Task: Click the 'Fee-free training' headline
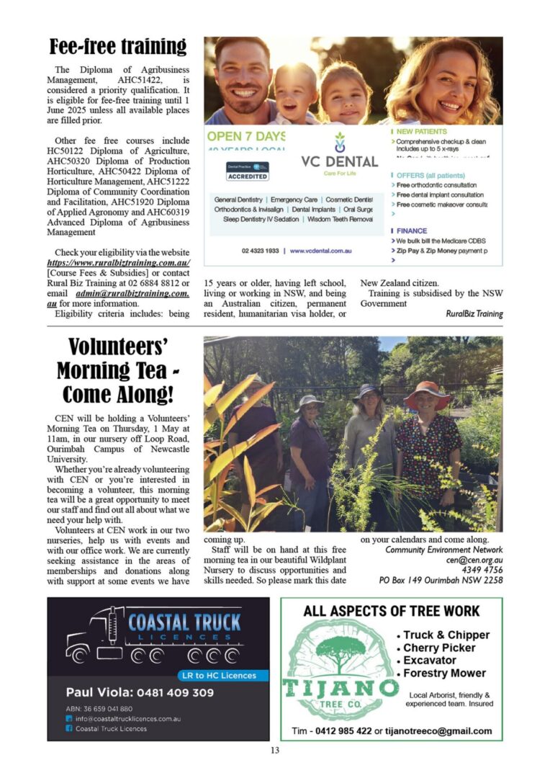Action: coord(118,48)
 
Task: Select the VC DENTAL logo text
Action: coord(339,161)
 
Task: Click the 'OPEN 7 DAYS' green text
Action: coord(245,135)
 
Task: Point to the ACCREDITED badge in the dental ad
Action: coord(247,176)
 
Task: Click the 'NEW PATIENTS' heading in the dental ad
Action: coord(421,132)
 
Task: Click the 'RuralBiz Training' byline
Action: coord(474,314)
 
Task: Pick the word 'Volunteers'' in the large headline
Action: coord(118,349)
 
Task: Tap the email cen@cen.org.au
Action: coord(474,559)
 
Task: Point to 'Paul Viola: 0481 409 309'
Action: coord(140,692)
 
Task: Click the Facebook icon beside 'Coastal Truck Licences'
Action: coord(69,728)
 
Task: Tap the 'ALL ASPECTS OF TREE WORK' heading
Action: coord(391,612)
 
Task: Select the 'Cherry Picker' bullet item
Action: coord(439,648)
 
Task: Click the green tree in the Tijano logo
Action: coord(341,653)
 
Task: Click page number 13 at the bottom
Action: coord(274,751)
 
